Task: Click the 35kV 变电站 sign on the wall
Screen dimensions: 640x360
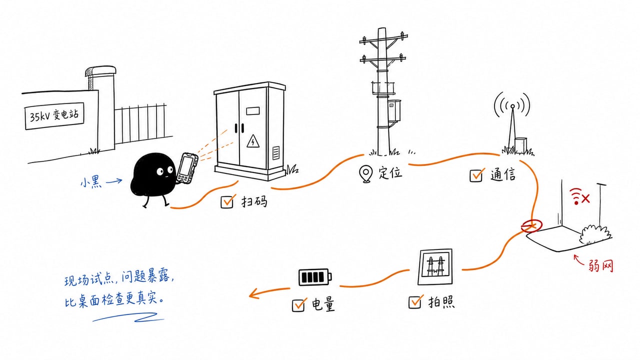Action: point(54,115)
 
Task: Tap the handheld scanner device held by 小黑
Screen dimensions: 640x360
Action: point(187,168)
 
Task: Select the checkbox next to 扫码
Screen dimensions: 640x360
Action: point(227,201)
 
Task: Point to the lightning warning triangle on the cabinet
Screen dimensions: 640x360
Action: point(253,141)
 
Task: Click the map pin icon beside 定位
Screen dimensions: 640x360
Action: point(365,173)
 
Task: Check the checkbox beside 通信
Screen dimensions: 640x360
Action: point(476,175)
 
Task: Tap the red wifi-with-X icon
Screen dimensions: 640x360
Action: point(579,196)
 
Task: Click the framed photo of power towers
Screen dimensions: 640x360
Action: point(435,267)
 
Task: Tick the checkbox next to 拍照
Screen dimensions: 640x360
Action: point(415,302)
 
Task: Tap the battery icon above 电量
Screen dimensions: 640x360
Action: point(315,277)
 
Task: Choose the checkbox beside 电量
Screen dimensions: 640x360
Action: point(299,304)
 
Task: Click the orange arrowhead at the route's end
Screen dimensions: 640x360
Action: point(253,293)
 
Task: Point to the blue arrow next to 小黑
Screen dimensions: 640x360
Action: point(114,181)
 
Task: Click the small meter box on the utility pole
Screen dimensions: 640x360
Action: point(394,110)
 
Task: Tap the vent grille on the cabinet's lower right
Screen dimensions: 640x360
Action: point(275,153)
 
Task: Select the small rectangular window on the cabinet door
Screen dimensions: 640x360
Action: point(253,111)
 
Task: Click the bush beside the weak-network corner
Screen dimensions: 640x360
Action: point(595,235)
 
